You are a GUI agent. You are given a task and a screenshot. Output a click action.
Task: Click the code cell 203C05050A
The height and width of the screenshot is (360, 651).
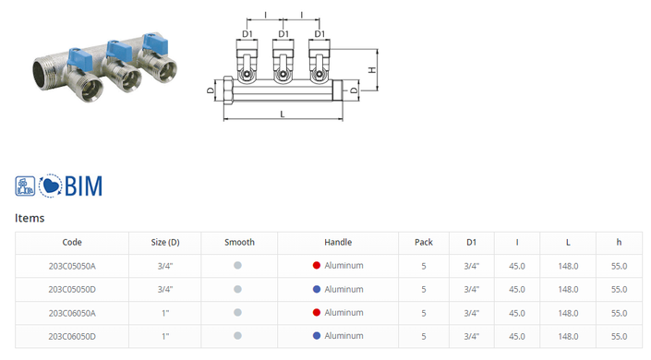tap(72, 266)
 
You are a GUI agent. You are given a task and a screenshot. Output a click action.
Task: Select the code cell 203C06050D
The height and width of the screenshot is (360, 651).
tap(72, 336)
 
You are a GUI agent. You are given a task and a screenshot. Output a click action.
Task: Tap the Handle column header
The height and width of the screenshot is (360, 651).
tap(338, 243)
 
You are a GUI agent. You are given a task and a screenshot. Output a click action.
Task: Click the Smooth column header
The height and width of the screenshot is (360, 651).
tap(239, 243)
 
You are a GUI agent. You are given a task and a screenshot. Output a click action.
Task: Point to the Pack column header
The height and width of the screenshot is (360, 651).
tap(424, 243)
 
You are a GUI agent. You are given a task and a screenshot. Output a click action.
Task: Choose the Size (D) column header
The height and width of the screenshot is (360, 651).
tap(165, 243)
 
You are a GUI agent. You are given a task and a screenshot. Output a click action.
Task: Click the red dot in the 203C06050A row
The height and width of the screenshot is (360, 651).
tap(317, 313)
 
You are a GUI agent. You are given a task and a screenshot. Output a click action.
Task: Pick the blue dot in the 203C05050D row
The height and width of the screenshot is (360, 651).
tap(317, 290)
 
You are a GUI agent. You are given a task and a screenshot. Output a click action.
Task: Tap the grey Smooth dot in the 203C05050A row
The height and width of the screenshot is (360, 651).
tap(237, 265)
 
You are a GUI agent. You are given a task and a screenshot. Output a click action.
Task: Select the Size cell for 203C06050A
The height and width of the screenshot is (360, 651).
tap(165, 313)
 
